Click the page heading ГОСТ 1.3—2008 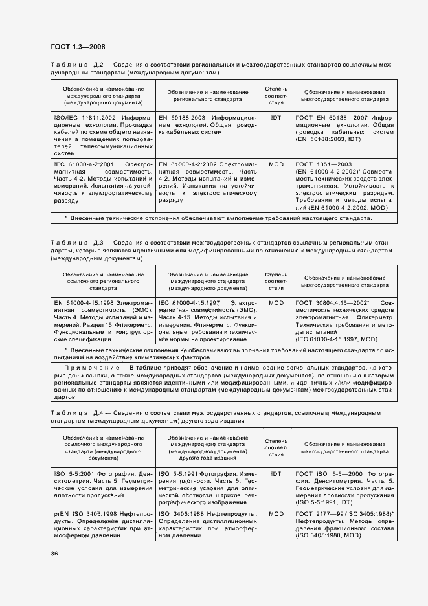pos(78,47)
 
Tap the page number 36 pos(54,553)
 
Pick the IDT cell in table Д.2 pos(276,118)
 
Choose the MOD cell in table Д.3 pos(276,302)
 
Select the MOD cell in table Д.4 pos(276,514)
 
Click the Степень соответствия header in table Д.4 pos(276,446)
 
